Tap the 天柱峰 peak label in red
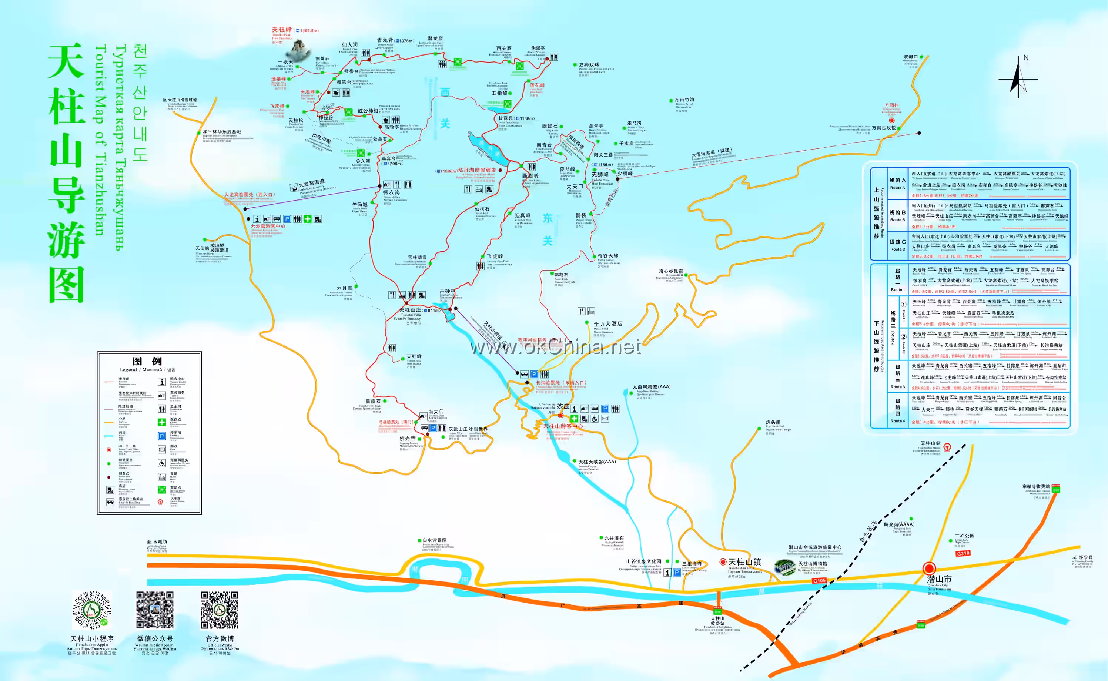[281, 30]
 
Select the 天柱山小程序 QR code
[92, 610]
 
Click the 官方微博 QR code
[220, 610]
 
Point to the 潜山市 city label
[939, 579]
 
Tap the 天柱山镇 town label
[744, 562]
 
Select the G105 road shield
[819, 581]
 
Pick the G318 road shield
[963, 553]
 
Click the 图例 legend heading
[147, 361]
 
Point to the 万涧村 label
[891, 105]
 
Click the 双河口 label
[910, 57]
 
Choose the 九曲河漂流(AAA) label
[651, 387]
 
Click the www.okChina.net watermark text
[555, 347]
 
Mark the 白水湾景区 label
[435, 540]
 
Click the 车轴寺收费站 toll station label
[1036, 486]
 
